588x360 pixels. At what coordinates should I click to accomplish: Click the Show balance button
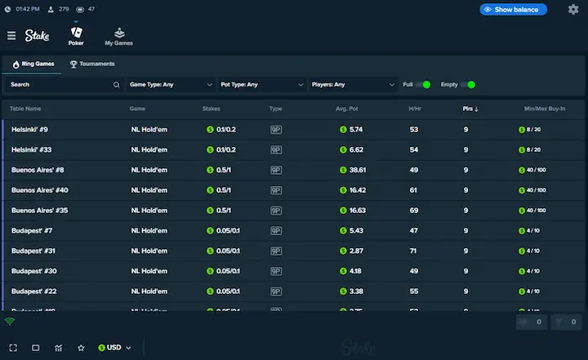click(x=513, y=10)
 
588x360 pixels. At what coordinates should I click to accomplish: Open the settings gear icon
click(x=573, y=10)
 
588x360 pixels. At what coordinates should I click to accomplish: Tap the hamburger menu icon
click(x=11, y=35)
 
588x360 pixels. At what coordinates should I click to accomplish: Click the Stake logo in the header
click(x=37, y=35)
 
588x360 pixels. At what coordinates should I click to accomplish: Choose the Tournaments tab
click(x=92, y=64)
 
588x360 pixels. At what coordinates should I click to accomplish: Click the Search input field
click(x=61, y=84)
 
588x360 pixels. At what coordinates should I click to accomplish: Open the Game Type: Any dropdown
click(x=171, y=84)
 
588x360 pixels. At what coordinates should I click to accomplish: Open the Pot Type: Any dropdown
click(x=262, y=84)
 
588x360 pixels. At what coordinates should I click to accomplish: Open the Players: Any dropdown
click(x=354, y=84)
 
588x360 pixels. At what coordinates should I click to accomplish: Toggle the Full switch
click(x=422, y=84)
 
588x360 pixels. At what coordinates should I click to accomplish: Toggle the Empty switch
click(x=467, y=84)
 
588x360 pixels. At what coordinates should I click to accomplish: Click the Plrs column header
click(x=470, y=109)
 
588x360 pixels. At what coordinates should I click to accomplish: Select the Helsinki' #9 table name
click(x=29, y=130)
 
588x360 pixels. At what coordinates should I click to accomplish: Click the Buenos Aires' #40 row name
click(x=39, y=190)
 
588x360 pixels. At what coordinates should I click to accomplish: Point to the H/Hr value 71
click(x=414, y=251)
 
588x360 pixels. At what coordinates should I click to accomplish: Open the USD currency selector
click(x=114, y=348)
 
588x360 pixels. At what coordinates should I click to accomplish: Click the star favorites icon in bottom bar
click(x=81, y=348)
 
